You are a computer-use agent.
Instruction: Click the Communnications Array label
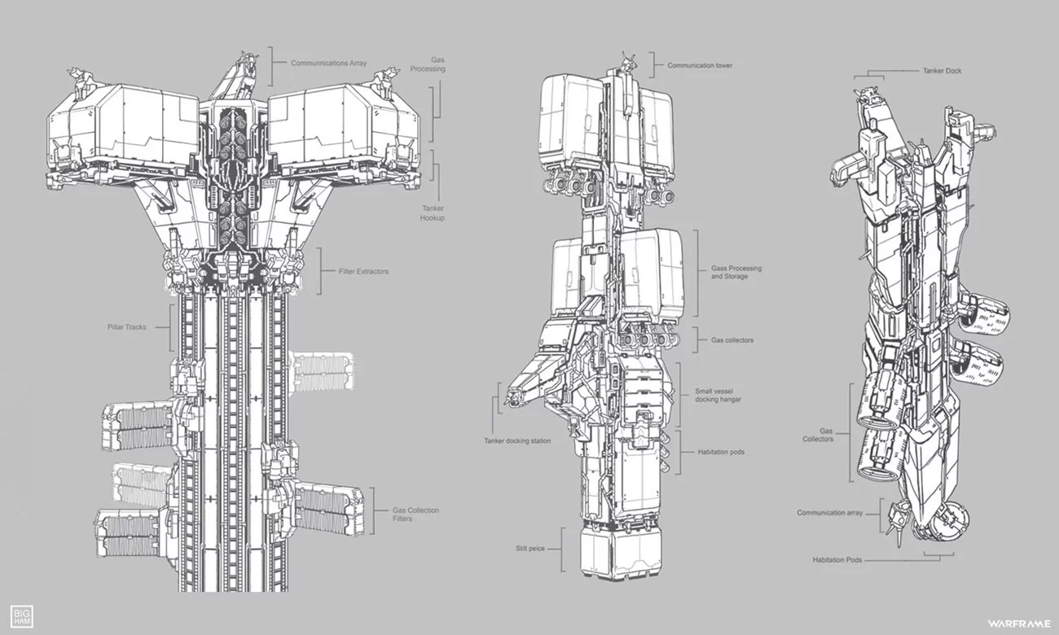tap(328, 63)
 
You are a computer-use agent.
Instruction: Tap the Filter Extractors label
tap(363, 271)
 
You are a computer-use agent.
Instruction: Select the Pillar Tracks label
tap(127, 327)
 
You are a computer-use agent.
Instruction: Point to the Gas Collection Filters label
tap(415, 514)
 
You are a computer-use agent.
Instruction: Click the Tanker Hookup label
tap(433, 213)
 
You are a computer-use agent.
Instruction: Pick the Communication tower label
tap(700, 66)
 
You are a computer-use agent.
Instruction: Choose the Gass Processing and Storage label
tap(736, 272)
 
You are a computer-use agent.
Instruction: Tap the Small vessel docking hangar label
tap(718, 396)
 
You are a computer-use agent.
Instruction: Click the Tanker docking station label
tap(517, 440)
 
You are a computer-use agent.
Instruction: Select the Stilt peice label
tap(530, 549)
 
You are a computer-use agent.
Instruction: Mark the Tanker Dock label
tap(943, 71)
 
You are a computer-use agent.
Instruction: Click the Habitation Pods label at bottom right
tap(837, 560)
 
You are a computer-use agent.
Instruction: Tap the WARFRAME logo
tap(1018, 624)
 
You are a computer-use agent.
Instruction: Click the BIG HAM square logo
tap(22, 616)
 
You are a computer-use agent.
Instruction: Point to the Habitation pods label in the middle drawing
tap(721, 452)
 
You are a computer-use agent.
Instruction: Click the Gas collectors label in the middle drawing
tap(732, 340)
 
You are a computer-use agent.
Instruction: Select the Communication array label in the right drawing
tap(830, 513)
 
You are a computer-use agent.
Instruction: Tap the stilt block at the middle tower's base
tap(621, 554)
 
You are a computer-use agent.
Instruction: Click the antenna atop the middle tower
tap(628, 63)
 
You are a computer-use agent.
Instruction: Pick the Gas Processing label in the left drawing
tap(428, 64)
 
